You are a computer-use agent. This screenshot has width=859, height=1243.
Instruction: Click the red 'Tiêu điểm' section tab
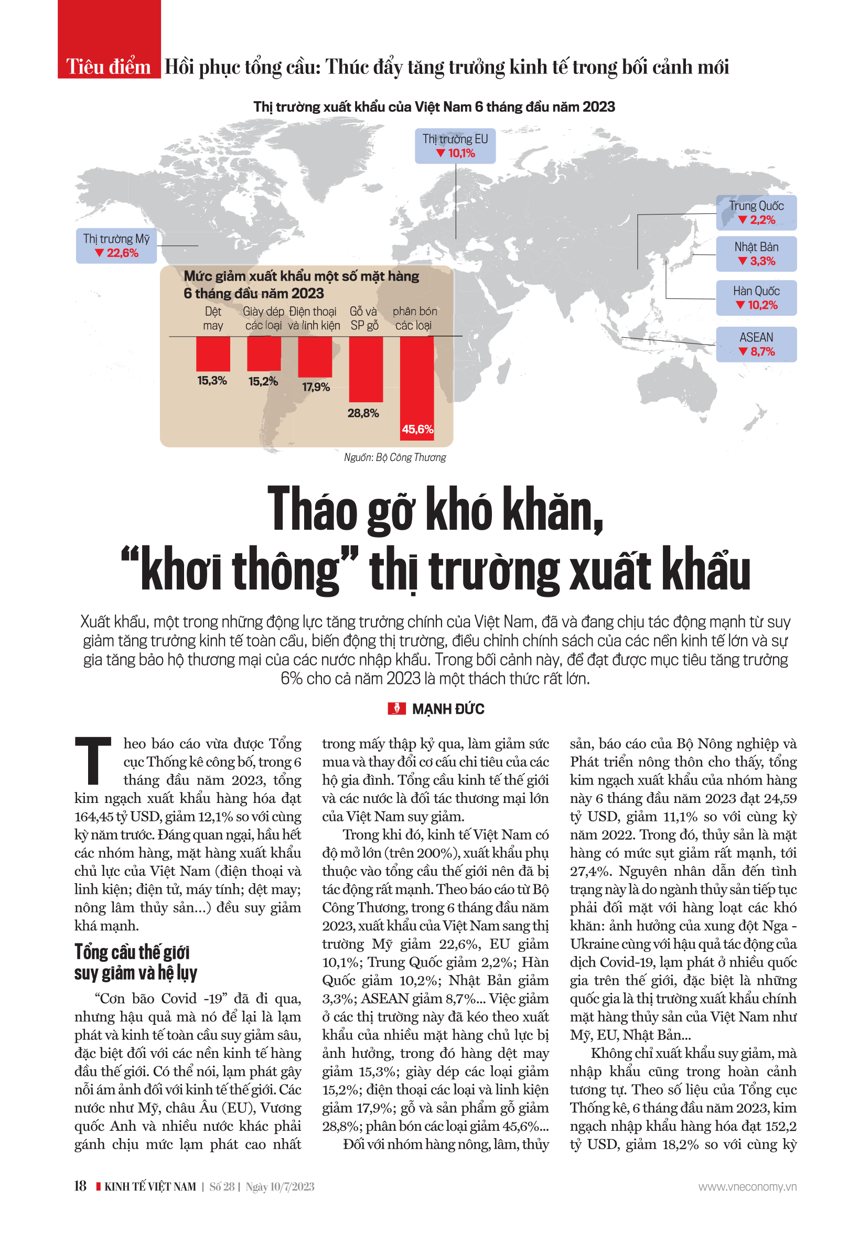point(109,66)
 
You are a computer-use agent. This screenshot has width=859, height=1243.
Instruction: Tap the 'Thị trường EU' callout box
point(455,146)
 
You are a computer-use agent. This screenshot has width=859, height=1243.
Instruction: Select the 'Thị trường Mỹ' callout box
point(116,245)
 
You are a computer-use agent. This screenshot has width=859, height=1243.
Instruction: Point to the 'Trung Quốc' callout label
point(756,212)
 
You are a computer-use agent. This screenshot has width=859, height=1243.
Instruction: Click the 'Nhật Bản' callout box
point(756,253)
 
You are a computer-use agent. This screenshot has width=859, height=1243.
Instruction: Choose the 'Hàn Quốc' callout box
point(756,298)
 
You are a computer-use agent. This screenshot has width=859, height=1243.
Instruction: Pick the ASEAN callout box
point(756,344)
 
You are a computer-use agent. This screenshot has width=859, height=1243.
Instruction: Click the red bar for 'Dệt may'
point(213,353)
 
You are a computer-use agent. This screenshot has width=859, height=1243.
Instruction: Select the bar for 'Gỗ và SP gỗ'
point(366,369)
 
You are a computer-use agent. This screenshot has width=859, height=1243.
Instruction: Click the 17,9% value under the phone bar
point(316,387)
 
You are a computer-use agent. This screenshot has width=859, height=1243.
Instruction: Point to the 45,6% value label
point(417,429)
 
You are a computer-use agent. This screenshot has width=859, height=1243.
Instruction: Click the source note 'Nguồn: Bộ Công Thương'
point(394,457)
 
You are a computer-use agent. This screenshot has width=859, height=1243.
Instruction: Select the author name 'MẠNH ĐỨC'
point(448,709)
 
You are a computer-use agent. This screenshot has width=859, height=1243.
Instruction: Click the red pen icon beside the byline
point(396,709)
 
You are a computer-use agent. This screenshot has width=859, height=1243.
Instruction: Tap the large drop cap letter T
point(93,759)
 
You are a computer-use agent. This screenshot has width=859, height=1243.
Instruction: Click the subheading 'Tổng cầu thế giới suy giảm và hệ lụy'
point(136,961)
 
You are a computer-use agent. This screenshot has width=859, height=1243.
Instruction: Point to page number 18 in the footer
point(80,1186)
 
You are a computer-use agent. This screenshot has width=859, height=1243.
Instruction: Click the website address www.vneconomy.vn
point(747,1186)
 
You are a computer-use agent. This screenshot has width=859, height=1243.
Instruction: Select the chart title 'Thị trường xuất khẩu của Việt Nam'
point(434,106)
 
